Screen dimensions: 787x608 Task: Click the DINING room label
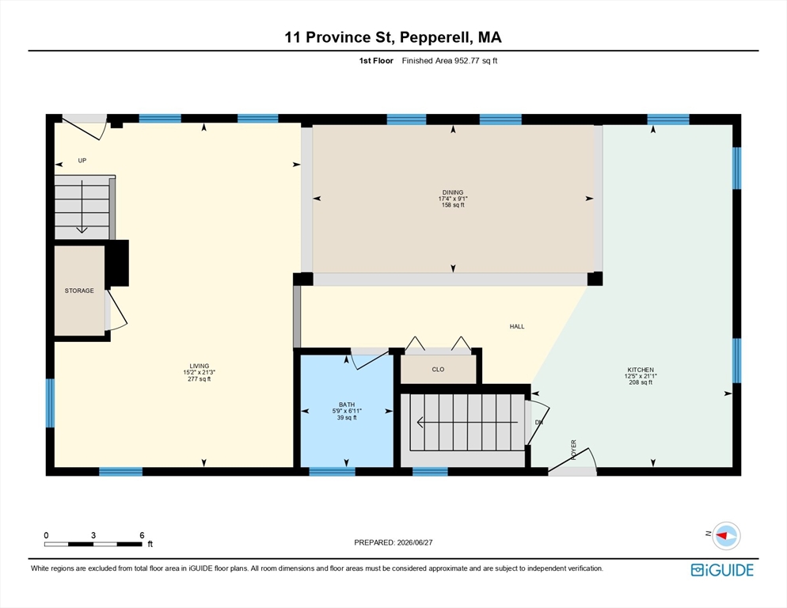click(x=453, y=192)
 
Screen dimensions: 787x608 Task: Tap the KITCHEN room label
click(x=641, y=370)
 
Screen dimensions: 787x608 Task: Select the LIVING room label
click(x=200, y=366)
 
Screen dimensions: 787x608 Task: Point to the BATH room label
click(x=347, y=405)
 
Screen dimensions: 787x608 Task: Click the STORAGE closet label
click(x=79, y=291)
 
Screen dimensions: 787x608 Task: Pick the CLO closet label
click(x=438, y=370)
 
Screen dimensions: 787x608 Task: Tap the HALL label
click(x=517, y=326)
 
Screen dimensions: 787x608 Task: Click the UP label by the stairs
click(x=82, y=161)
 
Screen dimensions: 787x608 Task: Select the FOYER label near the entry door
click(x=574, y=450)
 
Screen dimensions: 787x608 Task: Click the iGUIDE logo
click(x=722, y=570)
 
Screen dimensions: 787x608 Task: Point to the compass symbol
click(x=726, y=536)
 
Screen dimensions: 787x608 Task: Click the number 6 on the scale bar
click(x=142, y=535)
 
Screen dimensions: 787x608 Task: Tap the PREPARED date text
click(x=393, y=542)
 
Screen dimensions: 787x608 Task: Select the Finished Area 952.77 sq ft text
click(x=450, y=61)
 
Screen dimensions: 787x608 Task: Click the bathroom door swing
click(x=369, y=360)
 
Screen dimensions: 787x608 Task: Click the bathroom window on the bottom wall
click(x=332, y=472)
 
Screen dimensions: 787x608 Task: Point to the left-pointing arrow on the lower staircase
click(x=467, y=423)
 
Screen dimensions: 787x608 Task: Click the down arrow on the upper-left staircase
click(x=82, y=207)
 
